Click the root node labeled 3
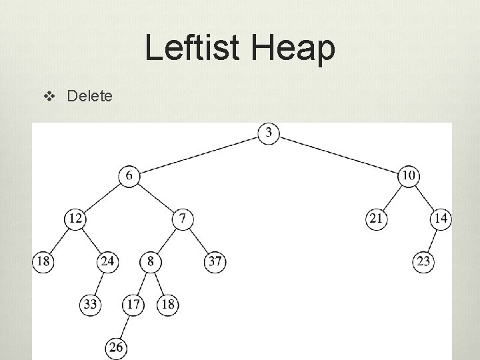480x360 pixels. click(269, 133)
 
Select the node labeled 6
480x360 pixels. click(129, 175)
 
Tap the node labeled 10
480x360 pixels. click(409, 175)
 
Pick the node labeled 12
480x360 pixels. click(75, 218)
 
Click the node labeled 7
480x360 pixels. click(183, 218)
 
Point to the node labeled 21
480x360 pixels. click(377, 218)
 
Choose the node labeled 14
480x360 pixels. click(441, 218)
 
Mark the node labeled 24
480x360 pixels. click(108, 261)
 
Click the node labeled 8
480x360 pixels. click(151, 261)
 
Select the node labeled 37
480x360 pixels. click(215, 261)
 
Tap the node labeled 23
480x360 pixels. click(423, 261)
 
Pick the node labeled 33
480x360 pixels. click(91, 305)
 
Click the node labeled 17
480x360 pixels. click(133, 305)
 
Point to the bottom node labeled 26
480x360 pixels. click(117, 347)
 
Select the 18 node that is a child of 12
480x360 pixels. click(43, 261)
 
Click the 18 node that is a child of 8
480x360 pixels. click(168, 305)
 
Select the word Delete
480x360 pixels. click(90, 97)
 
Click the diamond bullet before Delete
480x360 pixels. click(47, 97)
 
